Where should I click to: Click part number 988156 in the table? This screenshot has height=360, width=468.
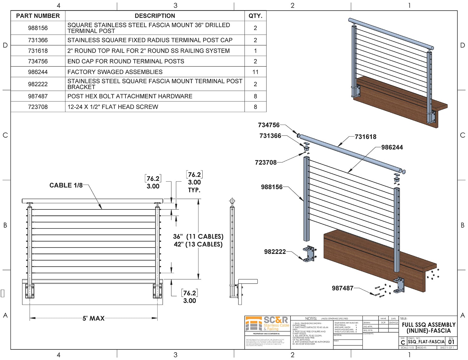tap(38, 28)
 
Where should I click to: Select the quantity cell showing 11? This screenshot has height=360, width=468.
tap(255, 72)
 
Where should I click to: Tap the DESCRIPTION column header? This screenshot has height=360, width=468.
tap(155, 16)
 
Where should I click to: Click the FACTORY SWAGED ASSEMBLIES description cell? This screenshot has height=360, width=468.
tap(115, 72)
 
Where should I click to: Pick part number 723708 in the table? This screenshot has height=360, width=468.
tap(38, 107)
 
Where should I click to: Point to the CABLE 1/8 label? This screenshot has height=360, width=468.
tap(66, 185)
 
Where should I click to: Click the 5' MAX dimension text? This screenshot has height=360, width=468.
tap(93, 319)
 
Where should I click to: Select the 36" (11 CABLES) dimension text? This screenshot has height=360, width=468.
tap(198, 237)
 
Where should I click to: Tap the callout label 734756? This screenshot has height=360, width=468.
tap(269, 125)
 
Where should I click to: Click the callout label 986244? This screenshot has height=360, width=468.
tap(392, 147)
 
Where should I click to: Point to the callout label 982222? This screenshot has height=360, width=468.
tap(275, 252)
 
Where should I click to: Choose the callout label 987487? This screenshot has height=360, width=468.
tap(343, 288)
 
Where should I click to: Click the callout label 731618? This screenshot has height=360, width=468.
tap(365, 137)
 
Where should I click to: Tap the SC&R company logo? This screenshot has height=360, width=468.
tap(267, 324)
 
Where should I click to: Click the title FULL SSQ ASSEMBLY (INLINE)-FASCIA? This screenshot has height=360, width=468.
tap(428, 328)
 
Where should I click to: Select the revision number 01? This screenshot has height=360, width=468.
tap(451, 342)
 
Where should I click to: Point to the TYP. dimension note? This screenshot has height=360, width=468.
tap(194, 190)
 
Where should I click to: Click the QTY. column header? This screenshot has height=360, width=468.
tap(255, 16)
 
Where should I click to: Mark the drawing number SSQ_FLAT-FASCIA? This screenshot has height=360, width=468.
tap(426, 342)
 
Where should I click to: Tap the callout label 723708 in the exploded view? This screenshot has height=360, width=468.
tap(266, 162)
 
